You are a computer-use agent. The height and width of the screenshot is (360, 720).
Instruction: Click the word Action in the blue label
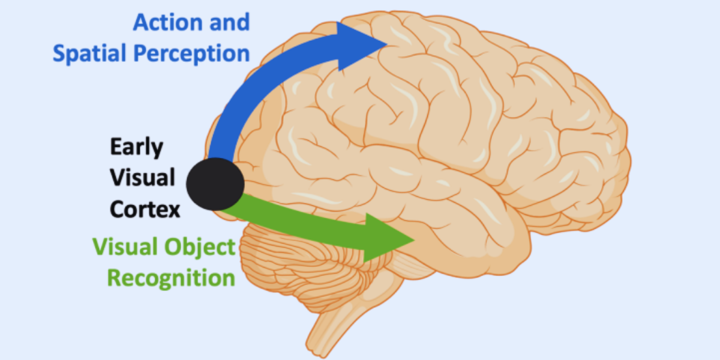coord(163,23)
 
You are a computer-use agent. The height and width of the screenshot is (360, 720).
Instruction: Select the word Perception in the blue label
coord(191,54)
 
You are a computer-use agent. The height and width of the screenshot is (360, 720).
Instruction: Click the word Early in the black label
coord(136,148)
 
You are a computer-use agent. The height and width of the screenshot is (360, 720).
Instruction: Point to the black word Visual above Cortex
coord(142,178)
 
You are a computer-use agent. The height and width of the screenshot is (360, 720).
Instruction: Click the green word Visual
coord(124,247)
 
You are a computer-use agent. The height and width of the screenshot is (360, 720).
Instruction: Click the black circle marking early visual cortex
coord(215,185)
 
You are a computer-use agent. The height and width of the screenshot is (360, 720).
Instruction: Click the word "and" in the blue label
coord(227,23)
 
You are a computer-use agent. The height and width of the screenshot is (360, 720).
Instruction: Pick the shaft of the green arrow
coord(300,222)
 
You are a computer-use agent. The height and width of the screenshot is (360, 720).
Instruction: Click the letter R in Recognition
coord(114,278)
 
